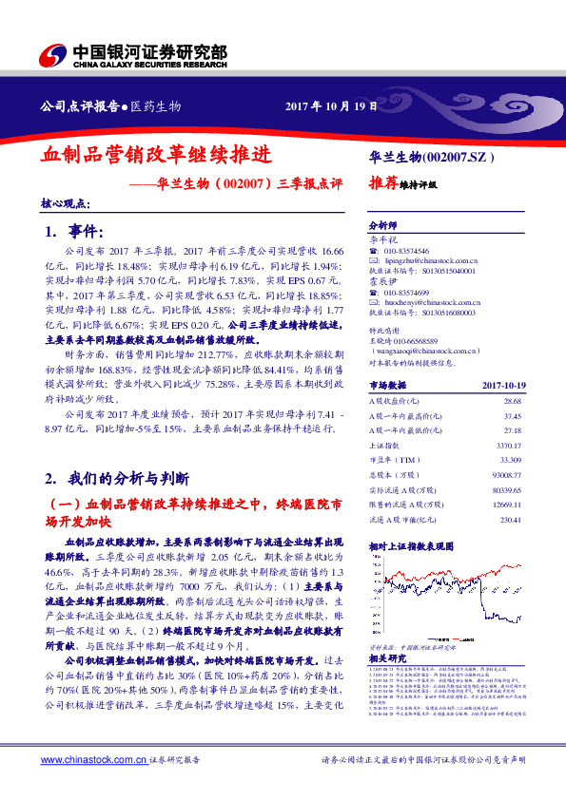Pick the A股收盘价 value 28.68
click(512, 404)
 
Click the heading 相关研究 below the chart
click(386, 658)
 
